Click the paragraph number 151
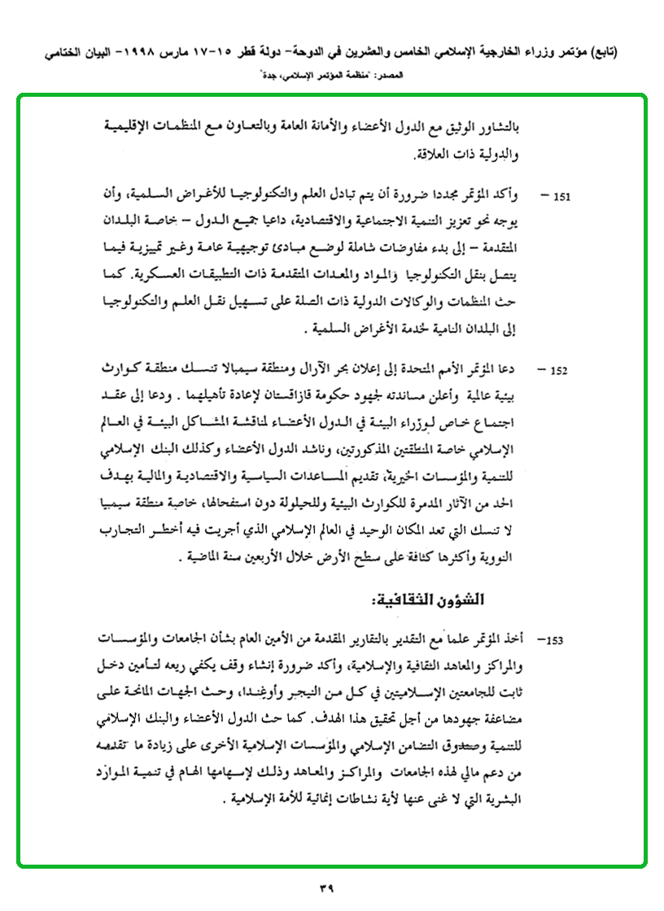[562, 197]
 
